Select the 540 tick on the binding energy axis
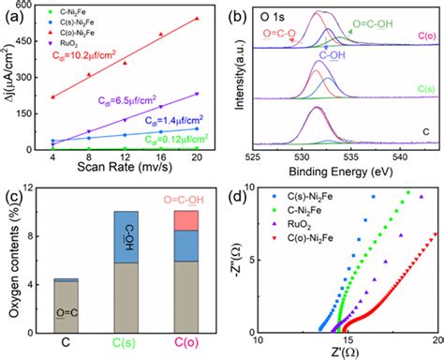point(396,156)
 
